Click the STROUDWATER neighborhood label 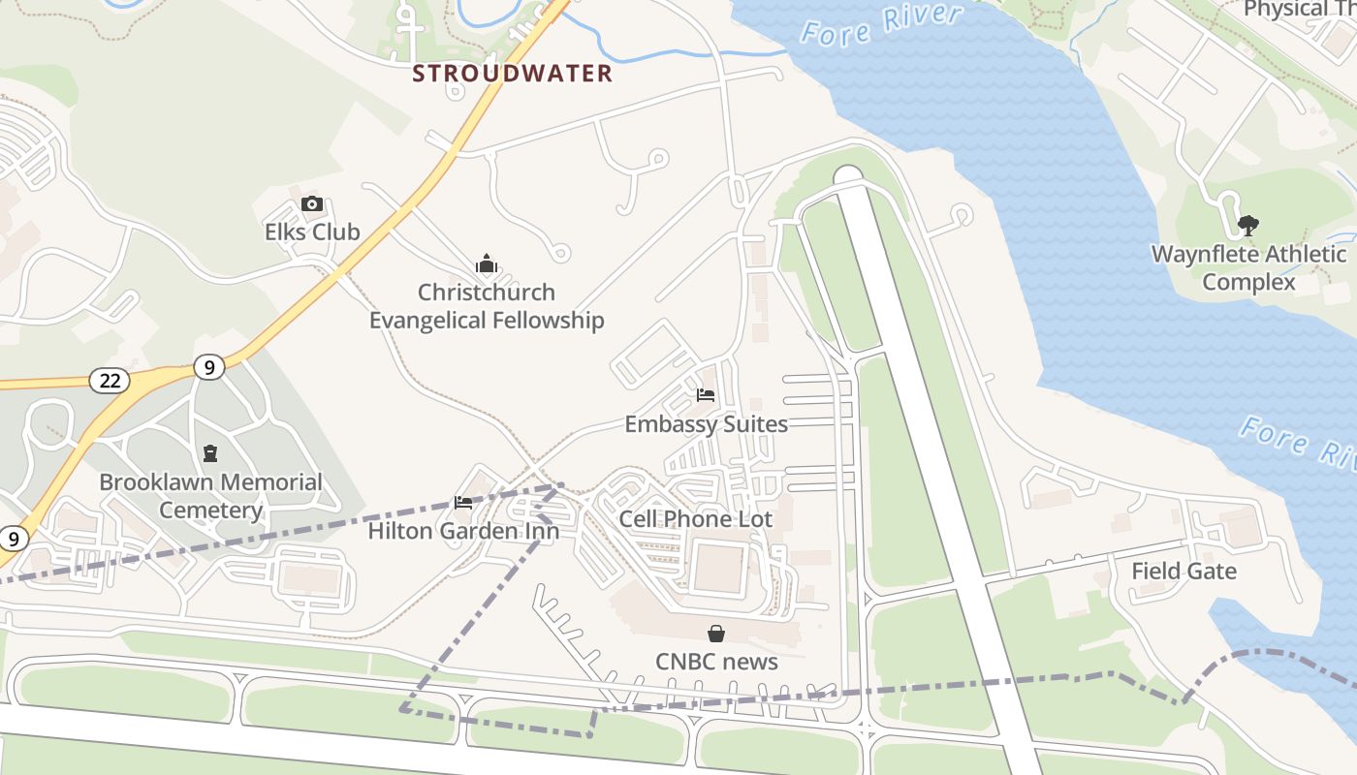point(512,74)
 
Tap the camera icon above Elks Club point(311,203)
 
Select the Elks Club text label point(312,232)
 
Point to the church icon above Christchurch point(486,263)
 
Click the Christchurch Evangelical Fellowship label point(487,306)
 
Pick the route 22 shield point(110,381)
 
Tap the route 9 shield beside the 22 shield point(208,367)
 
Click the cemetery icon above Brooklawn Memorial point(209,452)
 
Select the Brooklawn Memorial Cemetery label point(210,496)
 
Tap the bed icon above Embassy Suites point(706,395)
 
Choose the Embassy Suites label point(706,424)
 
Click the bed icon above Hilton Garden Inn point(463,502)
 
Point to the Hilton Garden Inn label point(463,532)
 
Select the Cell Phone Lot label point(696,519)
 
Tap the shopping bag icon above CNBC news point(716,634)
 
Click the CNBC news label point(716,662)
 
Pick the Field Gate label point(1183,571)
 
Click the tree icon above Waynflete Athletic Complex point(1248,226)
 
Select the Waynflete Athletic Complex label point(1248,268)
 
